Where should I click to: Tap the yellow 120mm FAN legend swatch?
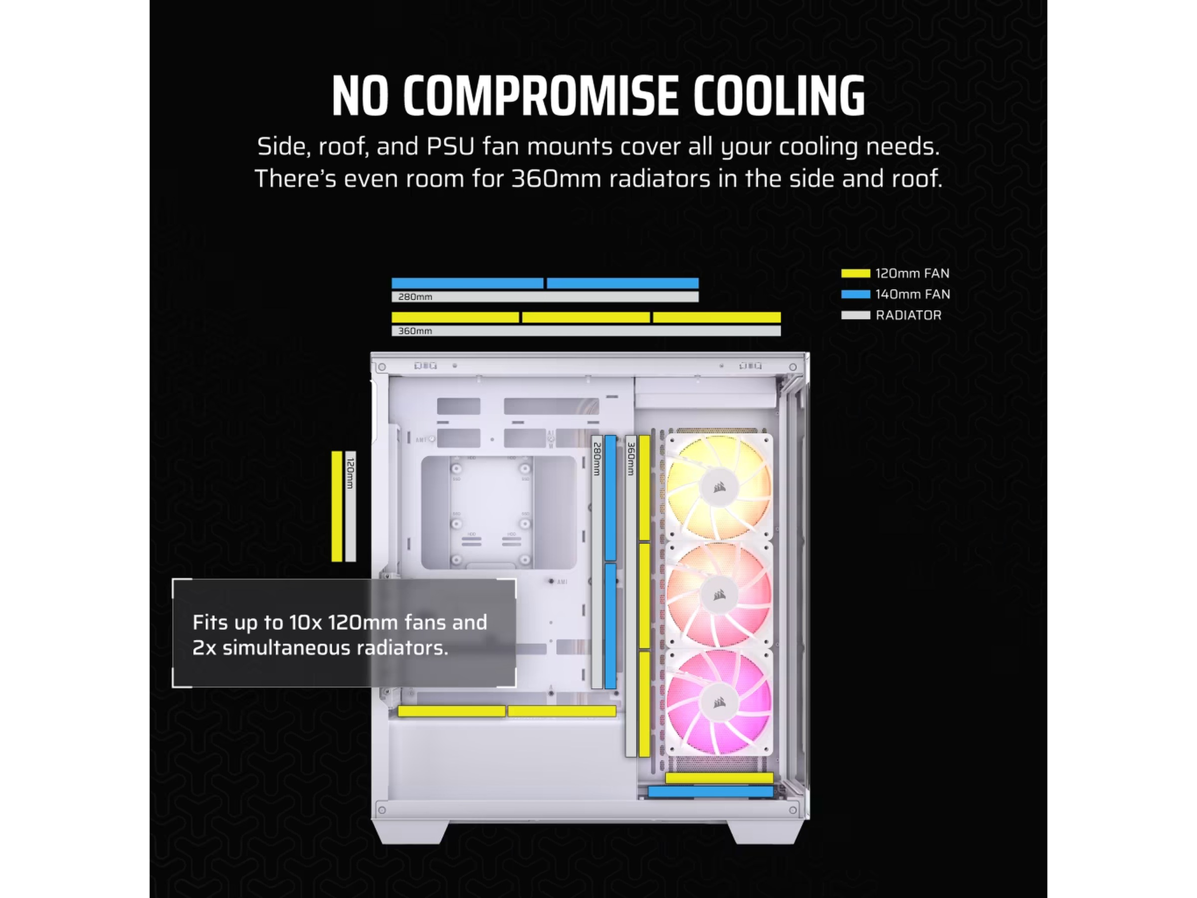tap(855, 273)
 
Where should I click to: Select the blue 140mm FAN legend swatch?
tap(855, 294)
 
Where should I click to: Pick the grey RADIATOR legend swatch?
tap(855, 315)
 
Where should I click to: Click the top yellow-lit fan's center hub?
tap(719, 488)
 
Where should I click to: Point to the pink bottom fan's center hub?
tap(719, 702)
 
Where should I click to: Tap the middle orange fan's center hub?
tap(719, 595)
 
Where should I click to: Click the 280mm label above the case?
tap(415, 297)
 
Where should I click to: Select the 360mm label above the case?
tap(415, 331)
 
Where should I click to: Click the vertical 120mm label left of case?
tap(350, 473)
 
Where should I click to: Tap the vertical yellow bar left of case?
tap(337, 506)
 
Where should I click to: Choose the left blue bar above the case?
tap(467, 283)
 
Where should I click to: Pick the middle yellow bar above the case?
tap(586, 317)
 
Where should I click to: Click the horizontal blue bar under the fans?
tap(711, 791)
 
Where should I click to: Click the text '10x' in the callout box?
tap(305, 623)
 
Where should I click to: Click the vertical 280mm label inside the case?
tap(597, 459)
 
